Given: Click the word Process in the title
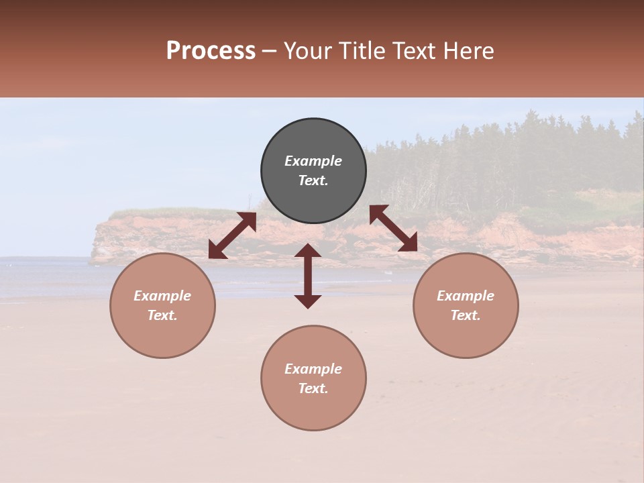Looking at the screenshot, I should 211,51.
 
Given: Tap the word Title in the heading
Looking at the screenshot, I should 361,51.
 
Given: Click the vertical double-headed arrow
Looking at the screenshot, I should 308,276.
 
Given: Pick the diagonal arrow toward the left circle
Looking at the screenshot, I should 232,235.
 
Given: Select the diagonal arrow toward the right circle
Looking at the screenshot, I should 394,228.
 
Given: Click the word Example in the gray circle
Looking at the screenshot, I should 313,161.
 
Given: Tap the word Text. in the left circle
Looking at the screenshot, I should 162,315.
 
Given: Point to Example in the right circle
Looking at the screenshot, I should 466,296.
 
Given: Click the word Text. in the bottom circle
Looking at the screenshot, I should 313,388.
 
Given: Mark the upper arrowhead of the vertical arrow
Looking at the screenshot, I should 308,251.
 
